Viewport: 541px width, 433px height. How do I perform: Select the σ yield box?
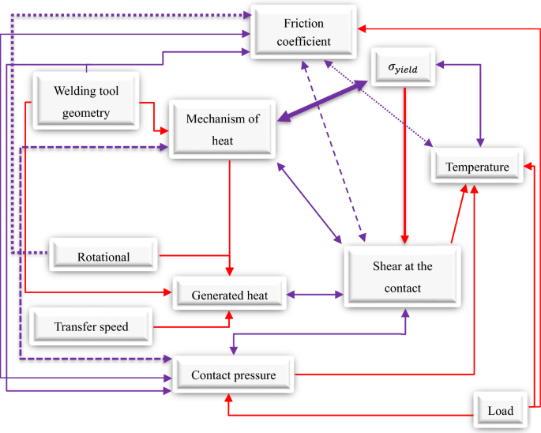click(404, 69)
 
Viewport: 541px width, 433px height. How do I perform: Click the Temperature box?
click(476, 167)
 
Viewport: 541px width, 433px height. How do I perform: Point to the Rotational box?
click(103, 256)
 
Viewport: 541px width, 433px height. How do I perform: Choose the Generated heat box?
click(230, 296)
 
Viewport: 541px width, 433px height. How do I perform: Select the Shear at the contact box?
click(401, 277)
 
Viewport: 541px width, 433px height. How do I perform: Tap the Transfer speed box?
click(91, 326)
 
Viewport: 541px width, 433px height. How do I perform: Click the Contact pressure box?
click(233, 375)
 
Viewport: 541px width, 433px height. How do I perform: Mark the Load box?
click(500, 410)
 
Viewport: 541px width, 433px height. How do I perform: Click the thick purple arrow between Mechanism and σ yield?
click(324, 100)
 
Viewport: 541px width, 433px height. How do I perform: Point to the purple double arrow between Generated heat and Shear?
click(315, 295)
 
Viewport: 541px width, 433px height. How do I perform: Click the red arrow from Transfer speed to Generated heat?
click(193, 324)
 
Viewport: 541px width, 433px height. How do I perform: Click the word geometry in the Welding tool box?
click(85, 113)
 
